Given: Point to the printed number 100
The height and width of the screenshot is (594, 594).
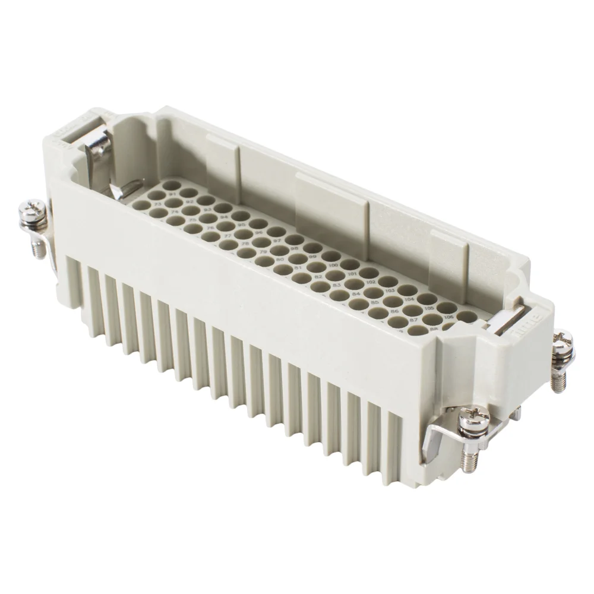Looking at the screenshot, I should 334,265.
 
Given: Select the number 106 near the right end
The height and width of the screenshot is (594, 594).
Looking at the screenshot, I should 449,317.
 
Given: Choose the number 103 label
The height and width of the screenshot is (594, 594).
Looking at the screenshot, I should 391,290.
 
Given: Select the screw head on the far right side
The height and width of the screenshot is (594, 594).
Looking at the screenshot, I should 563,343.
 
